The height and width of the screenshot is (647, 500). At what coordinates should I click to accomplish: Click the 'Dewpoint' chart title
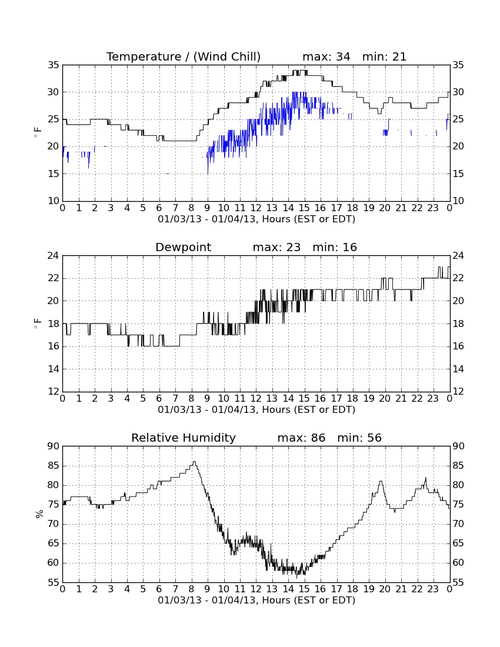[183, 247]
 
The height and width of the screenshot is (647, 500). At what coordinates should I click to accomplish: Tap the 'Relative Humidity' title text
[183, 438]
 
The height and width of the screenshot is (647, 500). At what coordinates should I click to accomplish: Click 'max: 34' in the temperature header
[326, 56]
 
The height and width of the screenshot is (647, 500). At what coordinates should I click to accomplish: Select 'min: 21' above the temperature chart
[384, 56]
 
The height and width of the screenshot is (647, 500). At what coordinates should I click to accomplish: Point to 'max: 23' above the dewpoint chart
[276, 247]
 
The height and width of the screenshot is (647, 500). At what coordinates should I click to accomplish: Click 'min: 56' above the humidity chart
[359, 438]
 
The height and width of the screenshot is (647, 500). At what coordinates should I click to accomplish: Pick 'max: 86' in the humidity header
[301, 438]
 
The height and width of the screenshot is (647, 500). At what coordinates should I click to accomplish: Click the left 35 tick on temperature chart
[54, 65]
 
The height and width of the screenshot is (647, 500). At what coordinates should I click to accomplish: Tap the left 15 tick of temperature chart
[54, 174]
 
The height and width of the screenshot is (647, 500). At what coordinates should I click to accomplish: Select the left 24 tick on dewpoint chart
[54, 256]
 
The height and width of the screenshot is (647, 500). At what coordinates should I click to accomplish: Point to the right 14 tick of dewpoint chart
[458, 369]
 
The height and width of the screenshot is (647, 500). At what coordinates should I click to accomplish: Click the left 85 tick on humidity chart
[54, 466]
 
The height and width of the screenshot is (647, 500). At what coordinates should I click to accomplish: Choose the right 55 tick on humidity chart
[458, 583]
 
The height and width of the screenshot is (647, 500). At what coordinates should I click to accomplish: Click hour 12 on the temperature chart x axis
[256, 208]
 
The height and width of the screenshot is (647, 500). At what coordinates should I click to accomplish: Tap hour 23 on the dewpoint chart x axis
[433, 399]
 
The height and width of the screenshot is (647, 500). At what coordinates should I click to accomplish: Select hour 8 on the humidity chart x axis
[191, 589]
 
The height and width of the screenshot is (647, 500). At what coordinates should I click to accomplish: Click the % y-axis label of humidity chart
[39, 514]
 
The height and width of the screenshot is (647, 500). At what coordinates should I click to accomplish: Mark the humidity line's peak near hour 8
[194, 462]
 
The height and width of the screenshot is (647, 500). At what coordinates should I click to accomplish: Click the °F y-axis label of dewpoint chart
[38, 323]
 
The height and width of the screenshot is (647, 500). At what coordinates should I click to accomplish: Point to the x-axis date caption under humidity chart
[256, 600]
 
